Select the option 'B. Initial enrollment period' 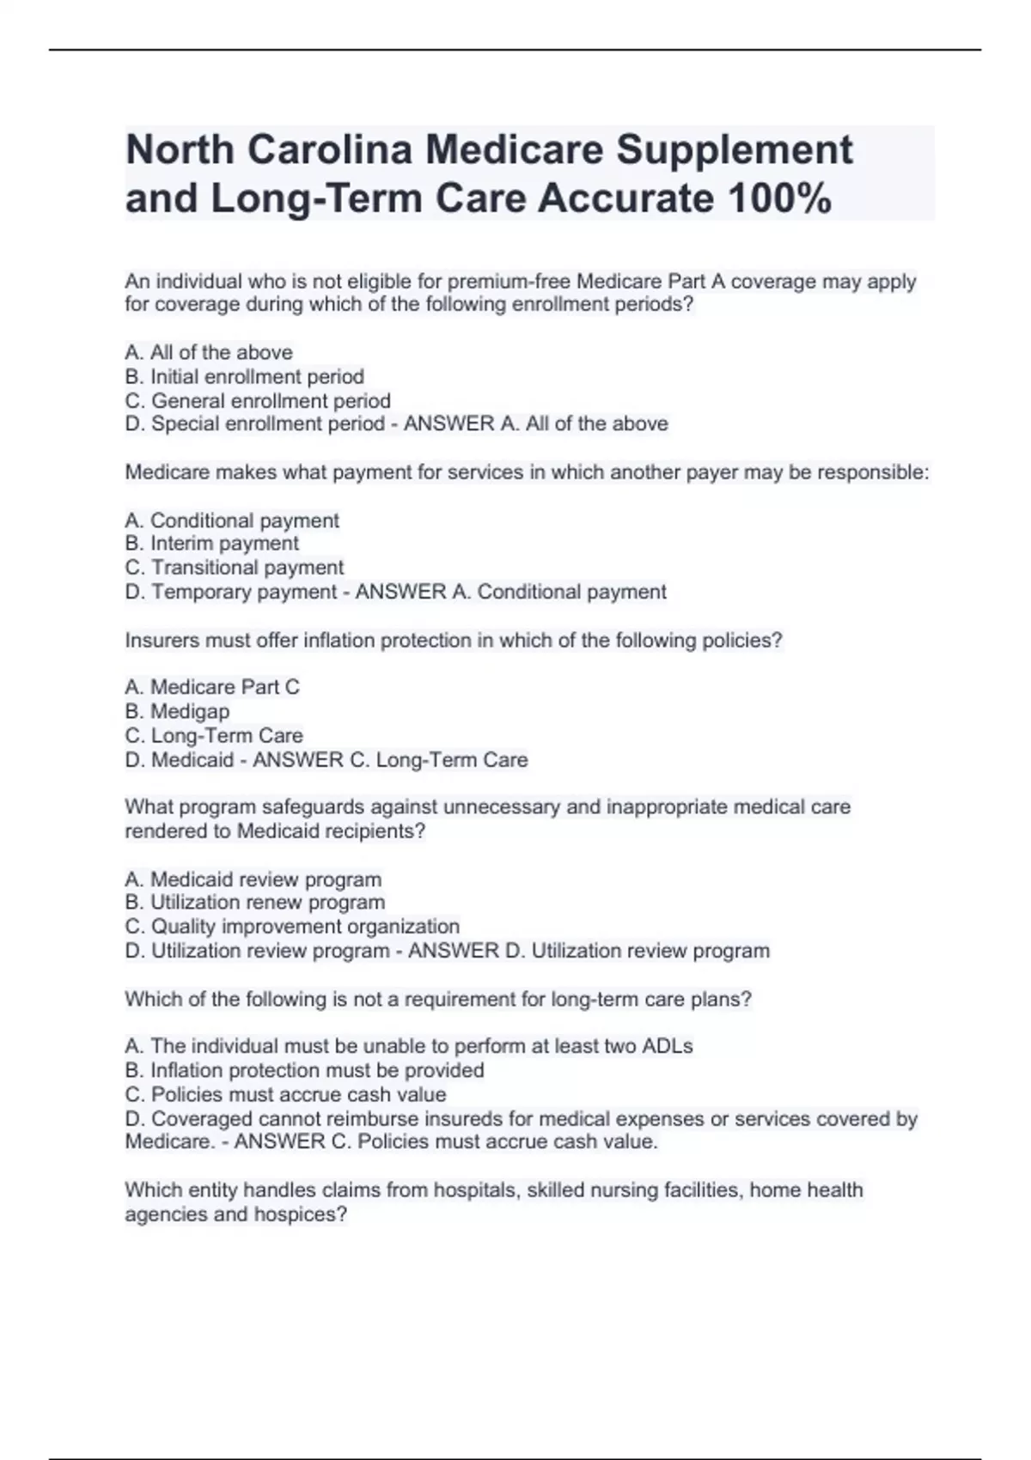(x=245, y=376)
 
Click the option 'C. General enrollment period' (x=258, y=400)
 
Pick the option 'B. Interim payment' (x=212, y=543)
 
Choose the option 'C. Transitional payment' (x=235, y=567)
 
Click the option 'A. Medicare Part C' (x=212, y=687)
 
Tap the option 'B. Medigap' (x=177, y=711)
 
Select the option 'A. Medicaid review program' (x=253, y=879)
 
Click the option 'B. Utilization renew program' (x=255, y=902)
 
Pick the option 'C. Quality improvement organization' (x=292, y=926)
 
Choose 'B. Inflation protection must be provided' (x=305, y=1070)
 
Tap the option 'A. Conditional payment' (x=232, y=520)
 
